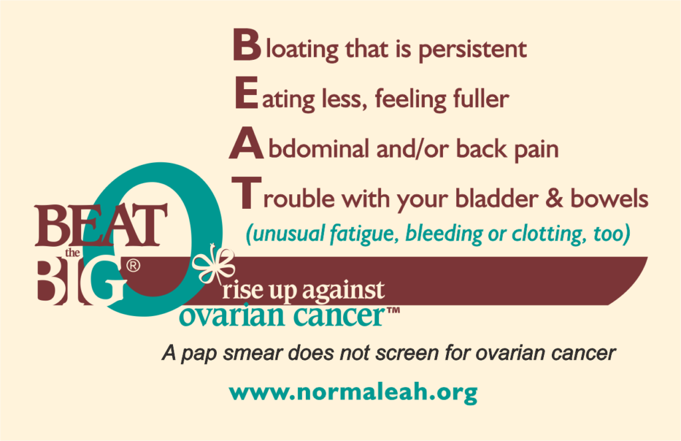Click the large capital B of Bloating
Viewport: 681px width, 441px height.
[247, 45]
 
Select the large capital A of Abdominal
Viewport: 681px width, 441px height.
[246, 143]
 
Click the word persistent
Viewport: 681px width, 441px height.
[473, 51]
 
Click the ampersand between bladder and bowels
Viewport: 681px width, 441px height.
[554, 198]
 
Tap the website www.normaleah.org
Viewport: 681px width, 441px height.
[353, 392]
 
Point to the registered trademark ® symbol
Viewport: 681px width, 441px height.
[133, 265]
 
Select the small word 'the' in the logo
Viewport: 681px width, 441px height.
[72, 253]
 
